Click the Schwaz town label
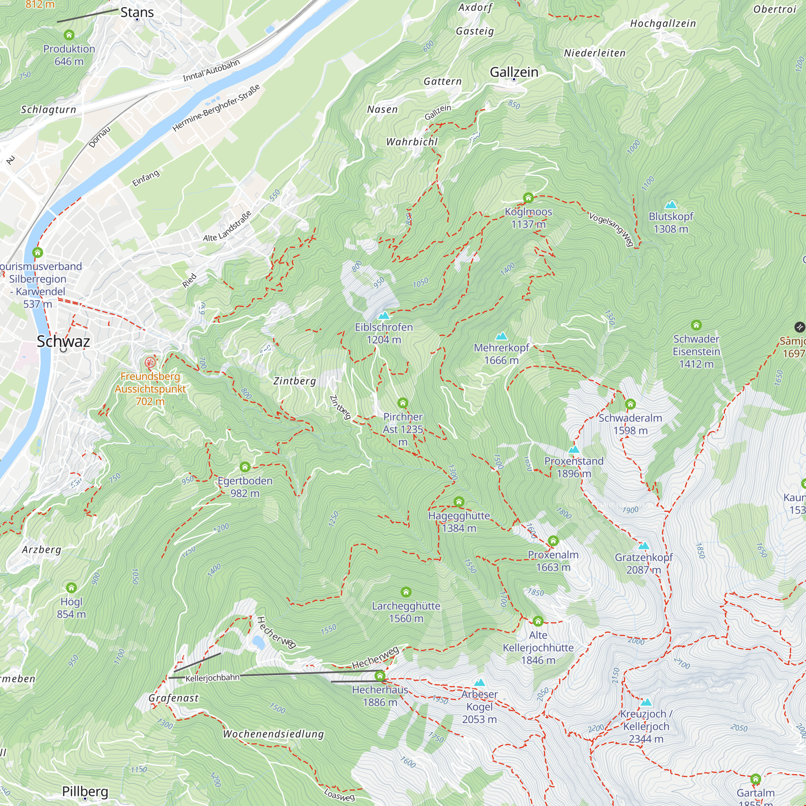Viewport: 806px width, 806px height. click(x=63, y=341)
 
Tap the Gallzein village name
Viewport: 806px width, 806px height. click(x=513, y=72)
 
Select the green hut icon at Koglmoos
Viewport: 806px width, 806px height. click(x=528, y=197)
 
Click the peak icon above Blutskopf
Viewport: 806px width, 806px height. click(x=671, y=204)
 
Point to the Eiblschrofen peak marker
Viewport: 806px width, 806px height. click(x=383, y=316)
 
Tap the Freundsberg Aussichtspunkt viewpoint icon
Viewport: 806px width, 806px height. click(x=150, y=362)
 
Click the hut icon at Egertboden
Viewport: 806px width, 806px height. click(x=245, y=466)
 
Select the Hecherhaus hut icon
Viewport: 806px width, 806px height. click(x=380, y=675)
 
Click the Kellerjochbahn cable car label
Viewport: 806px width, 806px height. click(x=212, y=678)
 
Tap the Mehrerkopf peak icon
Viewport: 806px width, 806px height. click(x=501, y=336)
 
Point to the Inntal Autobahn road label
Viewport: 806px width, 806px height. click(x=211, y=70)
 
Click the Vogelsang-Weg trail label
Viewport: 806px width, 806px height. click(x=611, y=229)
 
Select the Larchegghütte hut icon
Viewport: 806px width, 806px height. click(x=406, y=592)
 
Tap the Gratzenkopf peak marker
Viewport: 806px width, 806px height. click(x=644, y=546)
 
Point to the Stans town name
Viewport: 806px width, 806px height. click(x=137, y=12)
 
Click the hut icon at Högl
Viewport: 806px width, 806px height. click(x=71, y=588)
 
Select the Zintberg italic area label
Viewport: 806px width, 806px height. click(x=295, y=381)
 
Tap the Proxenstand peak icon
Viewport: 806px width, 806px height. click(x=573, y=449)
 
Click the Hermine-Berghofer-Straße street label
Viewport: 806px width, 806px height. click(x=216, y=108)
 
